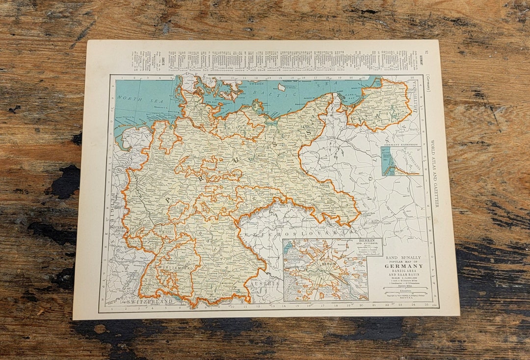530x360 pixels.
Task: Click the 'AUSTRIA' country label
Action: point(264,283)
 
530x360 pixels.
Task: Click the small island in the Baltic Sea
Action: point(281,87)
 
